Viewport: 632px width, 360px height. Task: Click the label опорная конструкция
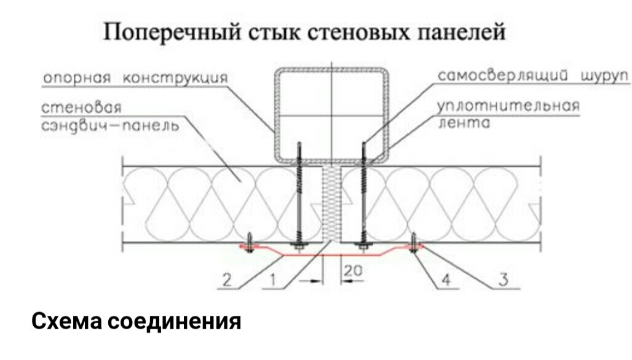tap(135, 78)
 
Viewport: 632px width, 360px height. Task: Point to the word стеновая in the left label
tap(81, 108)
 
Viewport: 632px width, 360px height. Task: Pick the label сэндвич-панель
tap(110, 126)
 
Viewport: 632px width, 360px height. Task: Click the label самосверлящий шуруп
tap(533, 76)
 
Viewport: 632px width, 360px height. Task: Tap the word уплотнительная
tap(508, 106)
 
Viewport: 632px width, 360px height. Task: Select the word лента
tap(464, 122)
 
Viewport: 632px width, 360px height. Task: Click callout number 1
tap(273, 280)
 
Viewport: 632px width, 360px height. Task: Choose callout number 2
tap(227, 280)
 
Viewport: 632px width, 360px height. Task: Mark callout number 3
tap(504, 280)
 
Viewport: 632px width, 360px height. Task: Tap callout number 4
tap(446, 280)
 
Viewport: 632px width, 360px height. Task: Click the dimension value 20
tap(353, 270)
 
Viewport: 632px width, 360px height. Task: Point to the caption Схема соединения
tap(136, 321)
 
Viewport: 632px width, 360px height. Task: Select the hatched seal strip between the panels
tap(332, 203)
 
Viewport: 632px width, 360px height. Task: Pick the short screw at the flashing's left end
tap(250, 243)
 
